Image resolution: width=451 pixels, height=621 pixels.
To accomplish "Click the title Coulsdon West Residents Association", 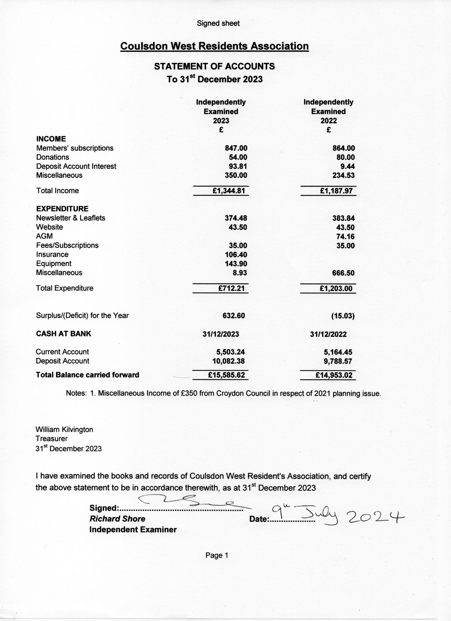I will tap(214, 46).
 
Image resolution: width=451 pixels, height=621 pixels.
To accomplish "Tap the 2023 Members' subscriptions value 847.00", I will tap(236, 148).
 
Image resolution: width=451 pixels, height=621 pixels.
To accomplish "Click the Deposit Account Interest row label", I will tap(76, 166).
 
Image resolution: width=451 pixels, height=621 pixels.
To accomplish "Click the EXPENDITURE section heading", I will tap(62, 209).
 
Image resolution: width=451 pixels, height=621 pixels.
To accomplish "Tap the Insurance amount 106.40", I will tap(236, 255).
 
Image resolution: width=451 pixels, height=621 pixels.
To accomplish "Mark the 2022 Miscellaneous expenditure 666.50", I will tap(343, 273).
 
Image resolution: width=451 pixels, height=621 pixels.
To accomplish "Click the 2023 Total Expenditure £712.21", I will tap(231, 288).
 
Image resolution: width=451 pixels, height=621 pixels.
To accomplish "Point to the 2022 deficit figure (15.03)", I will tap(343, 316).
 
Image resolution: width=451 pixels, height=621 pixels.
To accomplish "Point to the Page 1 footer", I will tap(217, 555).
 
